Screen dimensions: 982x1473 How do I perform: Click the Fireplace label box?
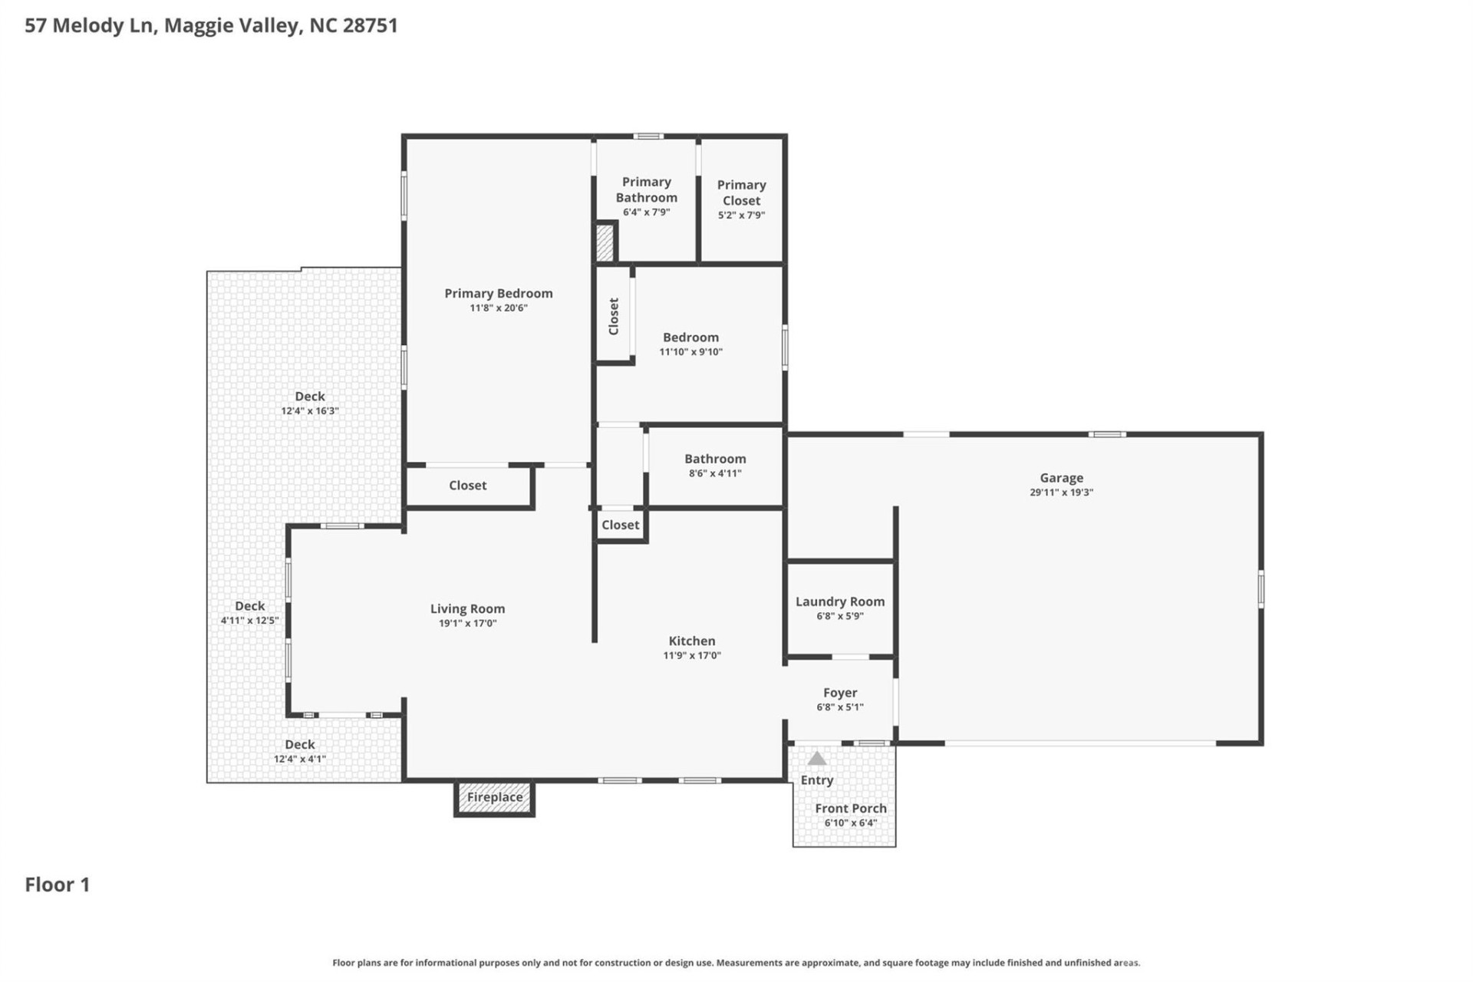495,797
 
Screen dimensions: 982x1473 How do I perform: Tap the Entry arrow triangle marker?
817,759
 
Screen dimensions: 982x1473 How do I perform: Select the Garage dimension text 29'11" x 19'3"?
1061,493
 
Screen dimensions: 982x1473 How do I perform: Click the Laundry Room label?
840,601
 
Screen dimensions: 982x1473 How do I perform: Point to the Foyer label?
840,692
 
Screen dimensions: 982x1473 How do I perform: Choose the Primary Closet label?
741,193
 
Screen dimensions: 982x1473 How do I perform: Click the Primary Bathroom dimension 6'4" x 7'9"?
646,213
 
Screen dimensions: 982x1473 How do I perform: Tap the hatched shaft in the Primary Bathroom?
605,242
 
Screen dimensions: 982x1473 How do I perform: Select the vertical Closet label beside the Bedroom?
614,316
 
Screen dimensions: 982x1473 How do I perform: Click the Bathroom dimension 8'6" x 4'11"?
715,473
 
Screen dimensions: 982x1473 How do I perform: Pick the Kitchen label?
691,641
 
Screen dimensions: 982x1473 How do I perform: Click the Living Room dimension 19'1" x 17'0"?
467,624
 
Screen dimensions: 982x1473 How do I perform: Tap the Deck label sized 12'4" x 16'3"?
310,396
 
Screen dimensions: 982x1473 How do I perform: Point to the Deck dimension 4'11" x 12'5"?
249,621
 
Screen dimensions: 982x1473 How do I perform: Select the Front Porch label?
850,808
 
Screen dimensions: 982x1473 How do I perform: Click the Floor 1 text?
58,885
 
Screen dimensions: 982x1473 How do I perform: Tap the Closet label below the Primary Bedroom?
467,485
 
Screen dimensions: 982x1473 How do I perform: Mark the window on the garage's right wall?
1260,589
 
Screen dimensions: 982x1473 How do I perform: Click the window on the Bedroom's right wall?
785,348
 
